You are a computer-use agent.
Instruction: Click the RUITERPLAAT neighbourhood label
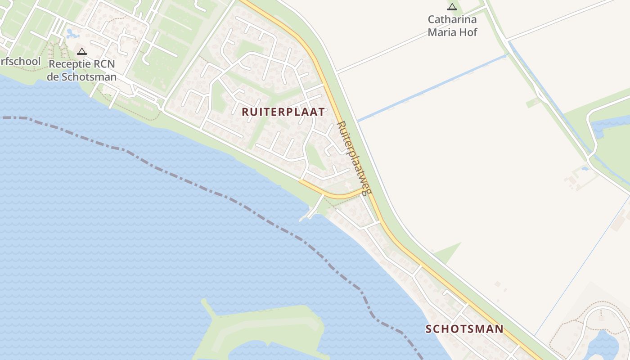283,112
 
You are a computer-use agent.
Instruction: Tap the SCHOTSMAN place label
464,329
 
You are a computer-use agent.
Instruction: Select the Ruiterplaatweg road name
354,157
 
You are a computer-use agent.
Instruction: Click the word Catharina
452,20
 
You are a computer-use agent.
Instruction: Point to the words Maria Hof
452,32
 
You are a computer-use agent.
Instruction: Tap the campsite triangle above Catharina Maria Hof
452,7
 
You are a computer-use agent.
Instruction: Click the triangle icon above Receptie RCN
81,51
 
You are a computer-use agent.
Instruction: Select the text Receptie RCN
81,64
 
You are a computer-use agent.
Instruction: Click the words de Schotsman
81,77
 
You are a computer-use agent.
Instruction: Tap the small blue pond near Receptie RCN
71,33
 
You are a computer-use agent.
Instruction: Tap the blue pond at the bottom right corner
605,344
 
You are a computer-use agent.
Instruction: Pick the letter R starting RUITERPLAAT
245,112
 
